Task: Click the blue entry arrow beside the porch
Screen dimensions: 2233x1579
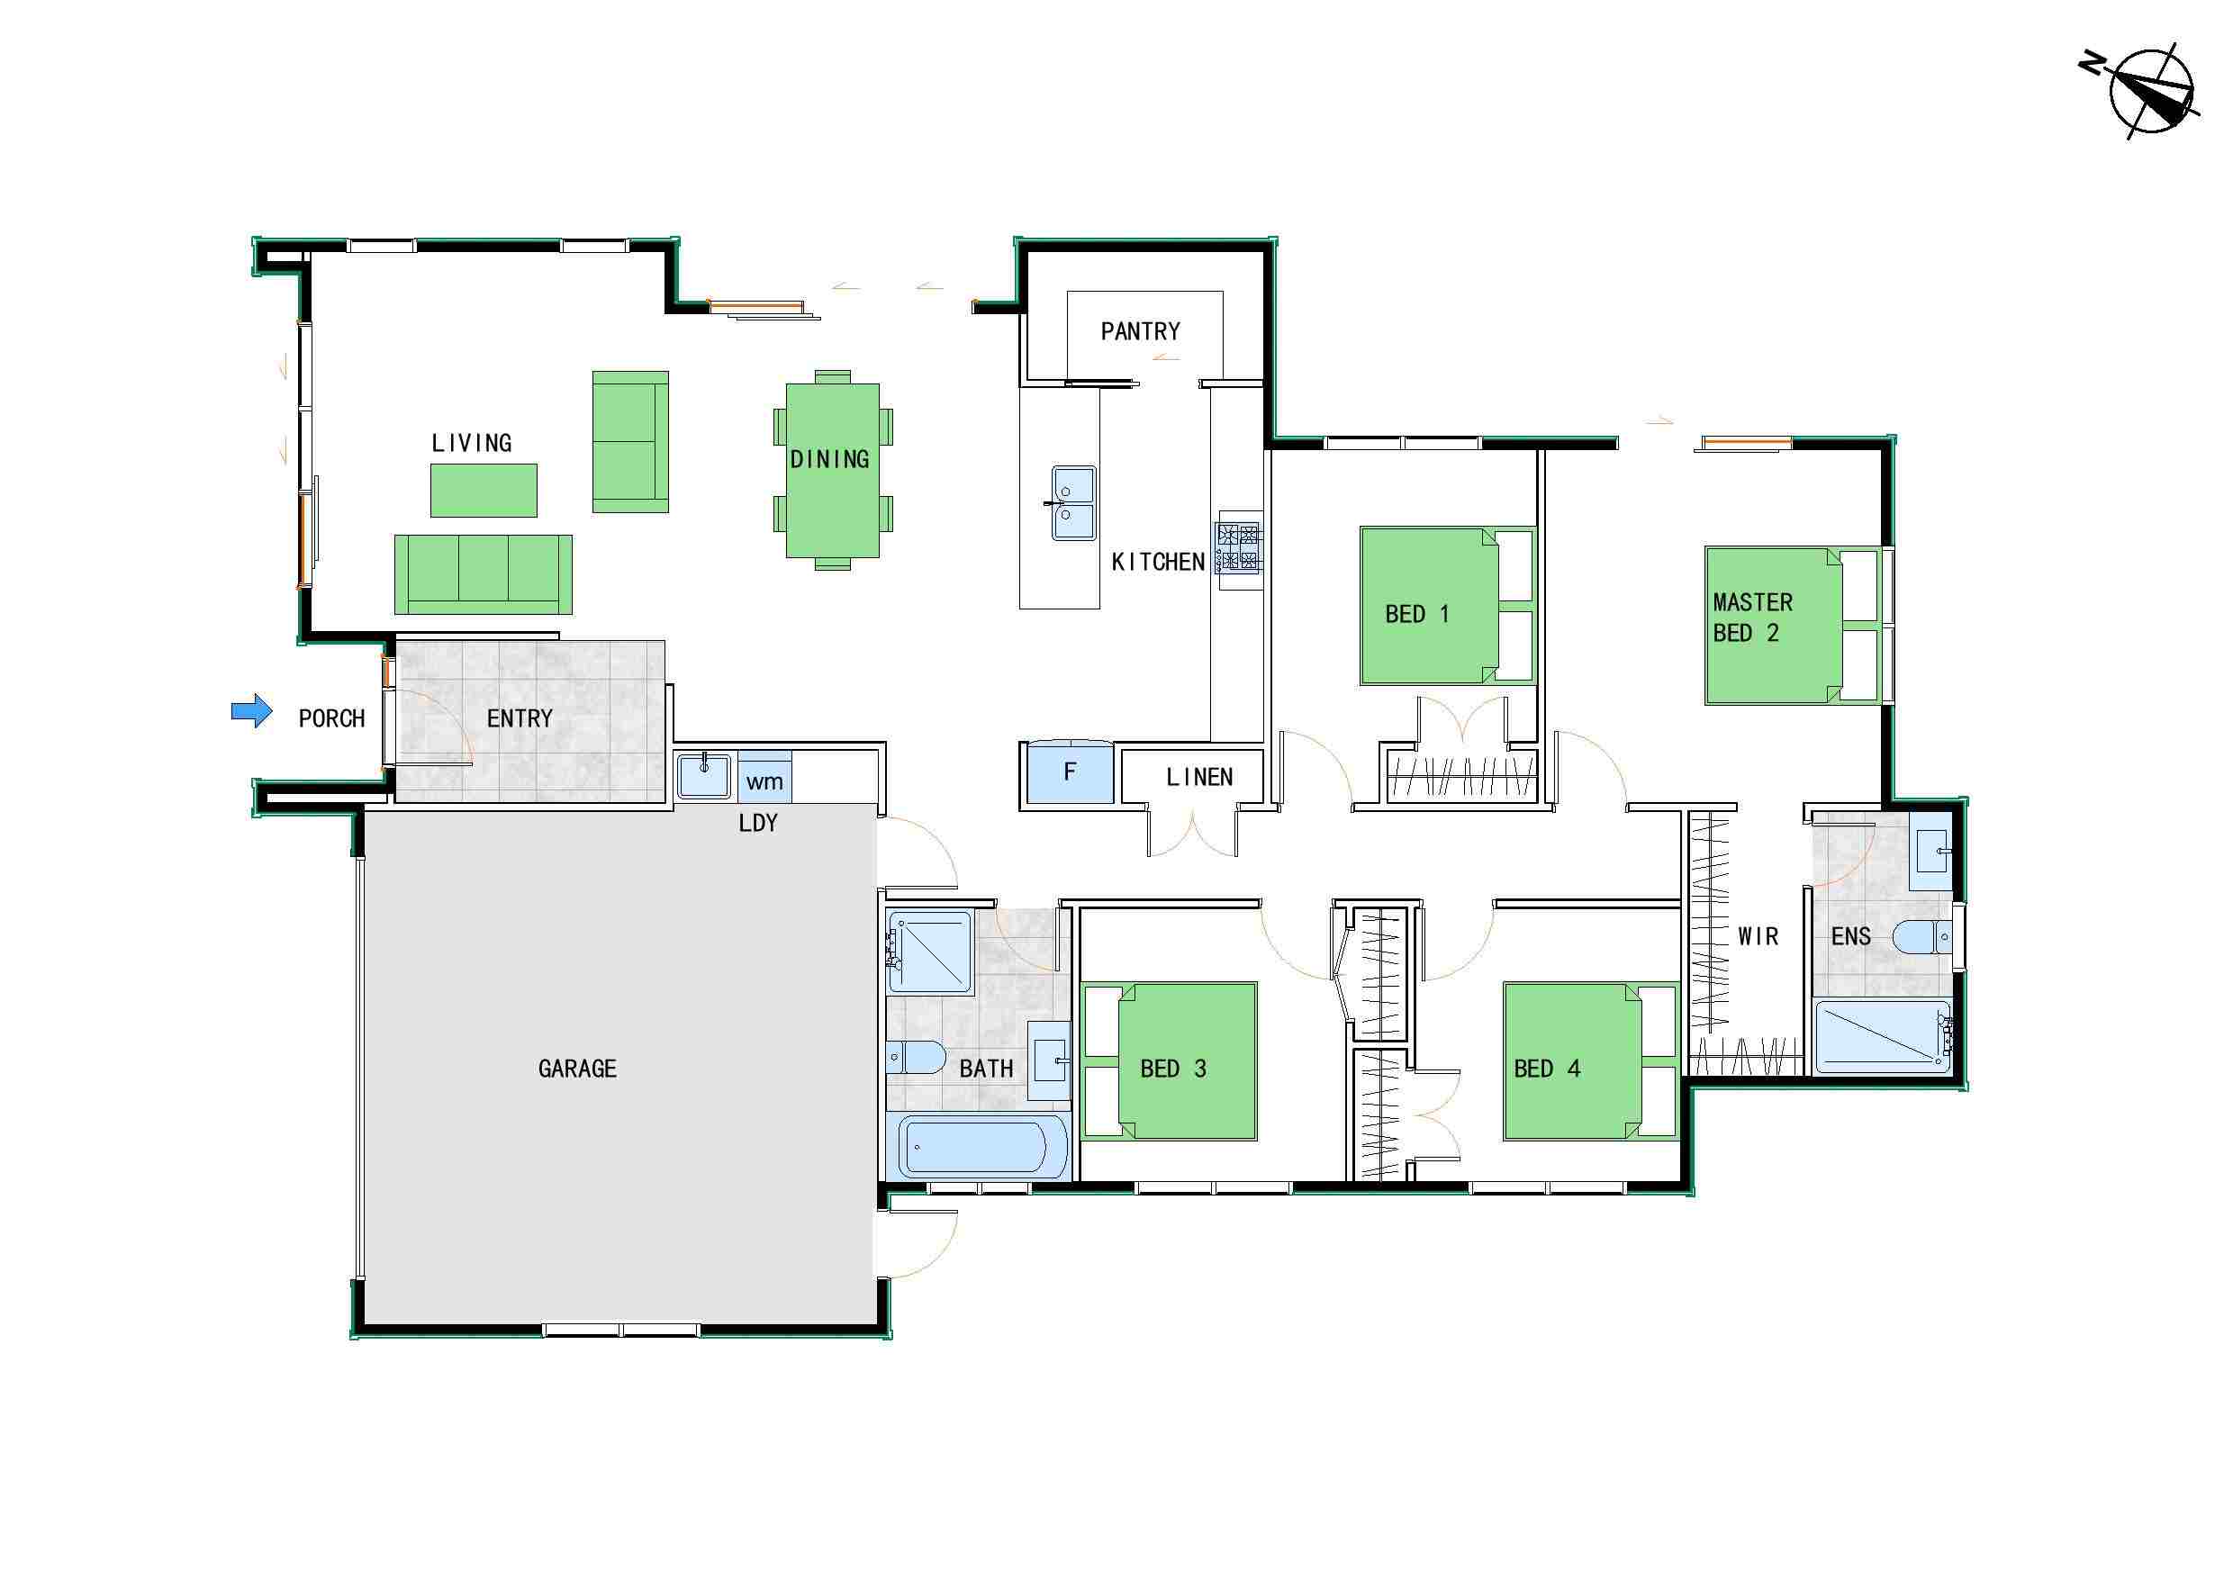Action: (x=252, y=711)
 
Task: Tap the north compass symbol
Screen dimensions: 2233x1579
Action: (x=2143, y=93)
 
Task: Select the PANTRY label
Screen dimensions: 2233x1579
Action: (x=1141, y=331)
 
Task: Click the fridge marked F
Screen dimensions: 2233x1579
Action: (x=1070, y=772)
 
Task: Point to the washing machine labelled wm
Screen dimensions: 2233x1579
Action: (x=764, y=777)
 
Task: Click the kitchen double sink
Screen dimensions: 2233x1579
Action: (x=1072, y=502)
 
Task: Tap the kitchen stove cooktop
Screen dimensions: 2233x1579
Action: (x=1239, y=549)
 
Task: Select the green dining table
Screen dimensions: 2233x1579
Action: (x=833, y=471)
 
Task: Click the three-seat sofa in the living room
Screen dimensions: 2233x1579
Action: (x=483, y=574)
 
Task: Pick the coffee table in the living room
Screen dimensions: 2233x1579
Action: (x=484, y=490)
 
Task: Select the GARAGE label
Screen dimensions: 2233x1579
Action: (x=578, y=1069)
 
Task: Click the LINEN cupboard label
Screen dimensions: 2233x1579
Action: (x=1199, y=778)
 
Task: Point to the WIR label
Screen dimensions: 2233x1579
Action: (x=1758, y=937)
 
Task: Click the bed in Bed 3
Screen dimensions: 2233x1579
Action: (x=1170, y=1060)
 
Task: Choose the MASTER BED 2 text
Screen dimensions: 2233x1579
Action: (x=1752, y=618)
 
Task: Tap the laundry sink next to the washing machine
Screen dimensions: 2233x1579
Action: (x=703, y=776)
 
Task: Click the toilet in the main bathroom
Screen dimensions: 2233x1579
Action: (x=916, y=1058)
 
